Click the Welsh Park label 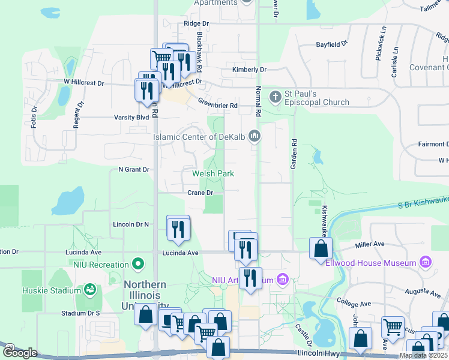pos(212,174)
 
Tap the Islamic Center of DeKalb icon pos(255,137)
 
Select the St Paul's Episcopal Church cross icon pos(276,97)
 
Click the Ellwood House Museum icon pos(426,263)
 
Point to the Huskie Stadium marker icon pos(89,290)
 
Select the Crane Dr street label pos(200,193)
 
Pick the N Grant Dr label pos(133,170)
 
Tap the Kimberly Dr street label pos(249,70)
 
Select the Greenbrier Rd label pos(218,106)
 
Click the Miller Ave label pos(370,244)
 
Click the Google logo pos(20,353)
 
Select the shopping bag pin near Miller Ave pos(321,248)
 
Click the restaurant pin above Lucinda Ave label pos(178,230)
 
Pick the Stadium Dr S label pos(80,313)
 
